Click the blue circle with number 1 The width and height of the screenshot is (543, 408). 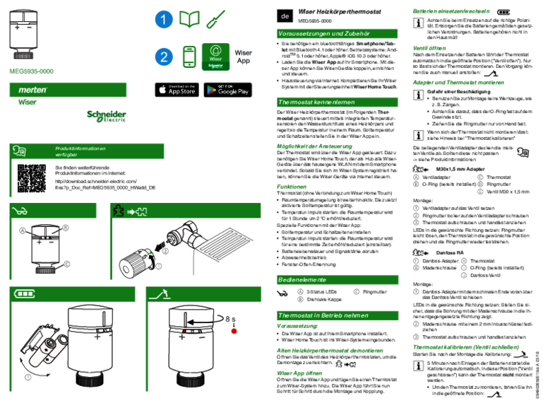164,20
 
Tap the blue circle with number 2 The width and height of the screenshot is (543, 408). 164,57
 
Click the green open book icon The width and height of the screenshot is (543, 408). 189,20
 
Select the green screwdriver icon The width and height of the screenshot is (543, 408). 215,20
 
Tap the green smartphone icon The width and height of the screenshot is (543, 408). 189,57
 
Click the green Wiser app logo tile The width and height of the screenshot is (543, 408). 215,57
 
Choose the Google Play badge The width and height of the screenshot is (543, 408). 227,90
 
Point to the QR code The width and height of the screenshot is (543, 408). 31,178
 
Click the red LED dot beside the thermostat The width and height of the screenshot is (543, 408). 234,331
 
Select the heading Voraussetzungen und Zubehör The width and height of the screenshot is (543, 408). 337,33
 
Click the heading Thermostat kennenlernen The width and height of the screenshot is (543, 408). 337,102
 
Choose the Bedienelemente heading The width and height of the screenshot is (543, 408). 337,279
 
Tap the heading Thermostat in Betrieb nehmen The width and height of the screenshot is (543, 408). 337,315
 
